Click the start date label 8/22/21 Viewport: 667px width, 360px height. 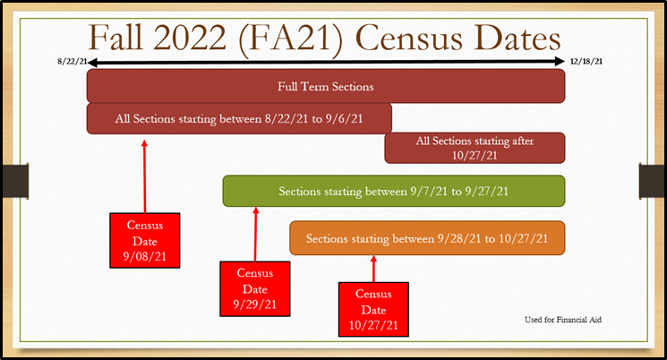tap(73, 61)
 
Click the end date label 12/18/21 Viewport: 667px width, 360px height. tap(586, 61)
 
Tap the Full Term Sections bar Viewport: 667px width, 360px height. tap(326, 86)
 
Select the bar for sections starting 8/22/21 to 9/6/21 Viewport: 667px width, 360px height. tap(239, 118)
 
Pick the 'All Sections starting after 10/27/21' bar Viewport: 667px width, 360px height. tap(475, 148)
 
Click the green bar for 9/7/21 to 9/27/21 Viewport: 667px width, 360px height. tap(394, 191)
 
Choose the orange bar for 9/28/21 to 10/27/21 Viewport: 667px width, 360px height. tap(427, 238)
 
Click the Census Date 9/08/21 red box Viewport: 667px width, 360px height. tap(145, 240)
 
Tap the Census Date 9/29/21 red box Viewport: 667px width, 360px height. tap(255, 289)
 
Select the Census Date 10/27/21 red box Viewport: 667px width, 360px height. tap(373, 309)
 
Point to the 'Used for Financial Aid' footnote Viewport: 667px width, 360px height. tap(563, 320)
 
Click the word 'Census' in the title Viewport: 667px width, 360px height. tap(408, 39)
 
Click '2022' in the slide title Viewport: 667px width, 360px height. tap(190, 39)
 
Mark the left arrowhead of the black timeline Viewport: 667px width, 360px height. tap(92, 63)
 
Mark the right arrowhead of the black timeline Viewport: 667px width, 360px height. tap(560, 62)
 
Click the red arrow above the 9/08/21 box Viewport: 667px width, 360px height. tap(145, 176)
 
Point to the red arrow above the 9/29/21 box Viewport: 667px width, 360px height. tap(256, 234)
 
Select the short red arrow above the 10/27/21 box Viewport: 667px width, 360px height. tap(374, 269)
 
